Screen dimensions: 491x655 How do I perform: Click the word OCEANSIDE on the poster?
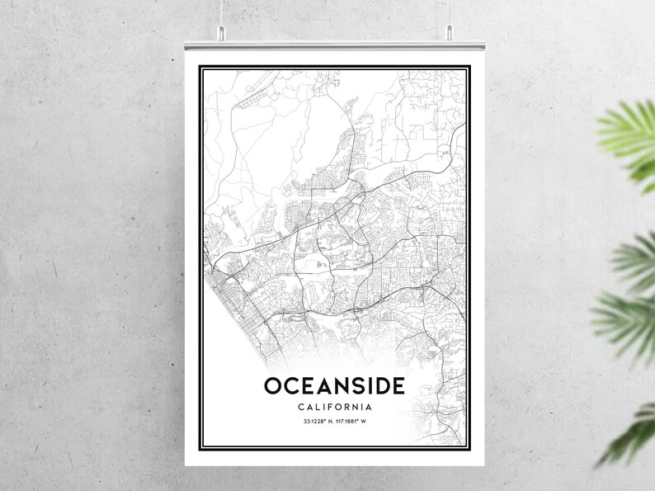point(334,385)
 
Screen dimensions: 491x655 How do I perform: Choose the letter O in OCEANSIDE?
point(273,385)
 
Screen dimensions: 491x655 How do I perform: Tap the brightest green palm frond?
point(631,136)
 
